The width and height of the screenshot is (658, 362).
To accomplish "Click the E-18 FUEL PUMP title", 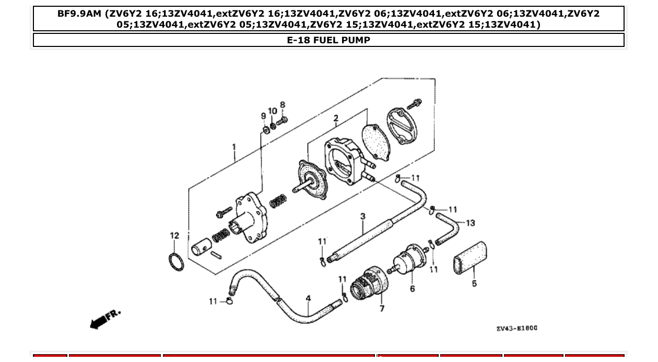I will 328,40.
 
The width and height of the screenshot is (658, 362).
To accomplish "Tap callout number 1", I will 234,148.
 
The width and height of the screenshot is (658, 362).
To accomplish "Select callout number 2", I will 336,118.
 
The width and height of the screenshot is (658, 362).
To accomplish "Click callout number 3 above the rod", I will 362,216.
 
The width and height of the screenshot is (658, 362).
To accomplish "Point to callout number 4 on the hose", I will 308,299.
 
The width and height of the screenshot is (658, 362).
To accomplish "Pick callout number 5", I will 474,284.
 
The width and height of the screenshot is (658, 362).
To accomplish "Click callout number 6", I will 413,289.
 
